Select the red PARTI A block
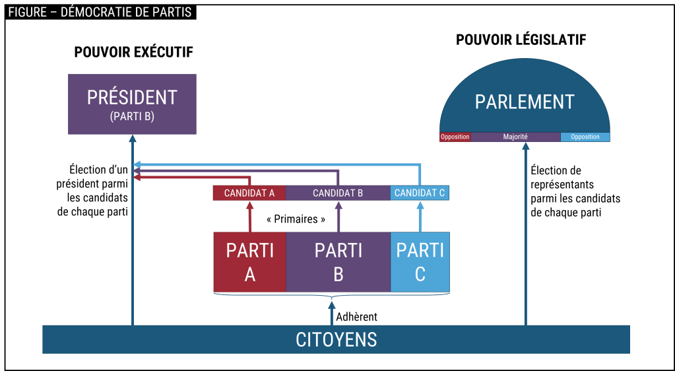tap(249, 262)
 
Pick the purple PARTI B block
tap(338, 262)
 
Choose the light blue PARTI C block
tap(420, 262)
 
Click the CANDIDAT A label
tap(249, 193)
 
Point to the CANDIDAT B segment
tap(338, 193)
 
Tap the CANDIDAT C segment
tap(420, 193)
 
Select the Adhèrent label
tap(356, 317)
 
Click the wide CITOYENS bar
tap(336, 339)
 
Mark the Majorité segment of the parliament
tap(515, 137)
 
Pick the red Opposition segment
tap(455, 137)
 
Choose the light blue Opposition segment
tap(585, 137)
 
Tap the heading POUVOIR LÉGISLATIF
tap(521, 40)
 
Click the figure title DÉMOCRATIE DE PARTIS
tap(99, 13)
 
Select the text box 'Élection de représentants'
tap(575, 191)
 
